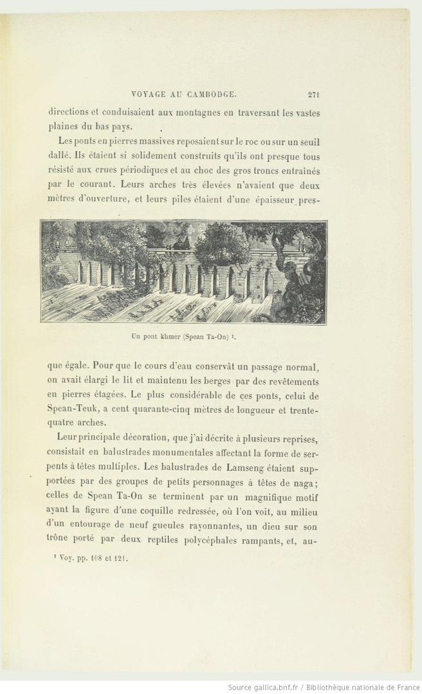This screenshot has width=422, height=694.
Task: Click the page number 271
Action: [314, 95]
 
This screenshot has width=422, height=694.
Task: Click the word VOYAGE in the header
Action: [149, 95]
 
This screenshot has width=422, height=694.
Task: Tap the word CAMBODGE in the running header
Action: [210, 95]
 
